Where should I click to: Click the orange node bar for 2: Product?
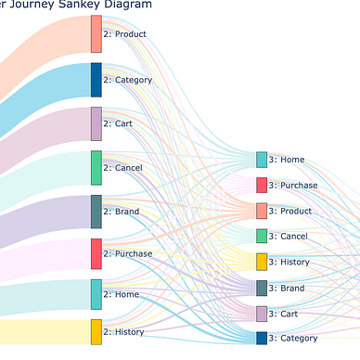pyautogui.click(x=96, y=33)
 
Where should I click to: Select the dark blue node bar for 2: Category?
pyautogui.click(x=96, y=80)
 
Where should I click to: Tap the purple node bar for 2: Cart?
pyautogui.click(x=96, y=123)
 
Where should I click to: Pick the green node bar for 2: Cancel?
pyautogui.click(x=96, y=168)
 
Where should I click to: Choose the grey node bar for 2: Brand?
pyautogui.click(x=96, y=212)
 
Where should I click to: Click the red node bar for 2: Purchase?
pyautogui.click(x=96, y=253)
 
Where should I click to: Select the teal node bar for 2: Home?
pyautogui.click(x=96, y=294)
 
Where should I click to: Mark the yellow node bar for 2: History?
pyautogui.click(x=96, y=331)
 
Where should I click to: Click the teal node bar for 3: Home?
pyautogui.click(x=262, y=160)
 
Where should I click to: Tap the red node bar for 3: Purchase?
pyautogui.click(x=262, y=185)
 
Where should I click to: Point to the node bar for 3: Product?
pyautogui.click(x=262, y=211)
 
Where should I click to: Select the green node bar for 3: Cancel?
pyautogui.click(x=262, y=237)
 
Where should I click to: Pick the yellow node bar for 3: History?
pyautogui.click(x=262, y=262)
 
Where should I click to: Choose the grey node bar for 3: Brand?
pyautogui.click(x=262, y=288)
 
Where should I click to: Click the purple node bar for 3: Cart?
pyautogui.click(x=262, y=314)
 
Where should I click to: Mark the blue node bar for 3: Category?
pyautogui.click(x=262, y=338)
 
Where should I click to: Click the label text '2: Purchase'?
pyautogui.click(x=128, y=253)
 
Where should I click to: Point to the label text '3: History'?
pyautogui.click(x=289, y=262)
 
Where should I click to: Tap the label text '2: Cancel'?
pyautogui.click(x=123, y=168)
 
